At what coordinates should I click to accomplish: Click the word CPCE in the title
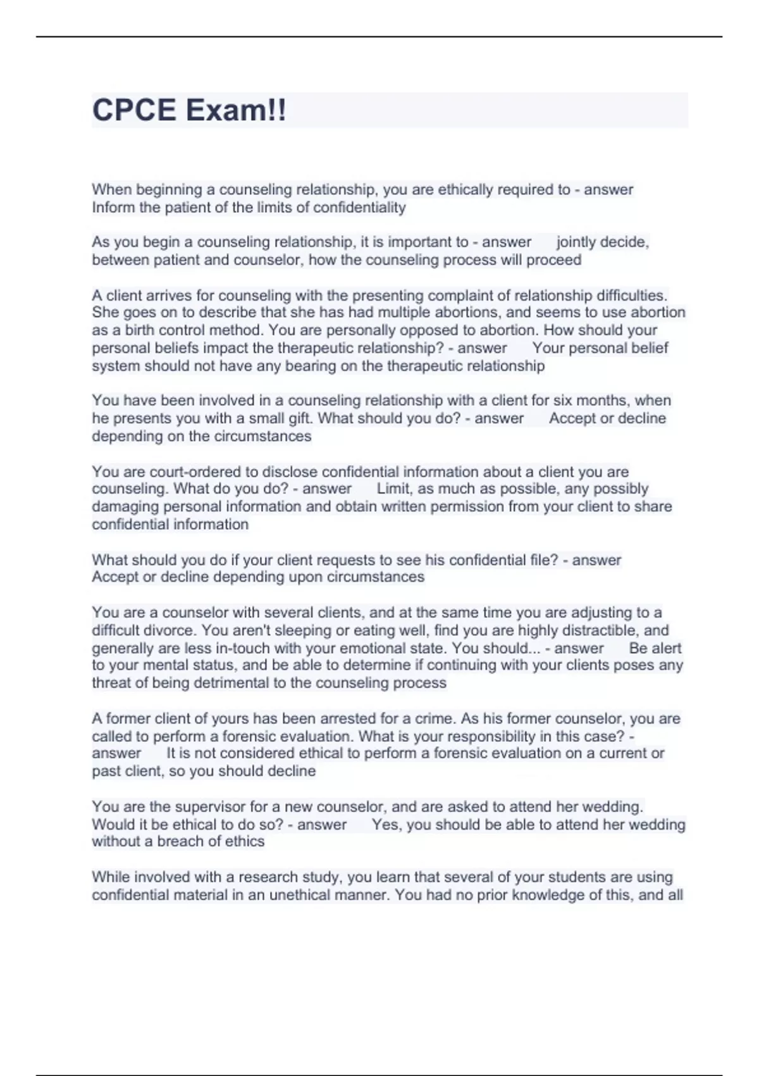click(x=133, y=110)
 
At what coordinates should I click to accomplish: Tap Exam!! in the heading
click(x=236, y=110)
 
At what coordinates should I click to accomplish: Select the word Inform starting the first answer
click(x=114, y=208)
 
